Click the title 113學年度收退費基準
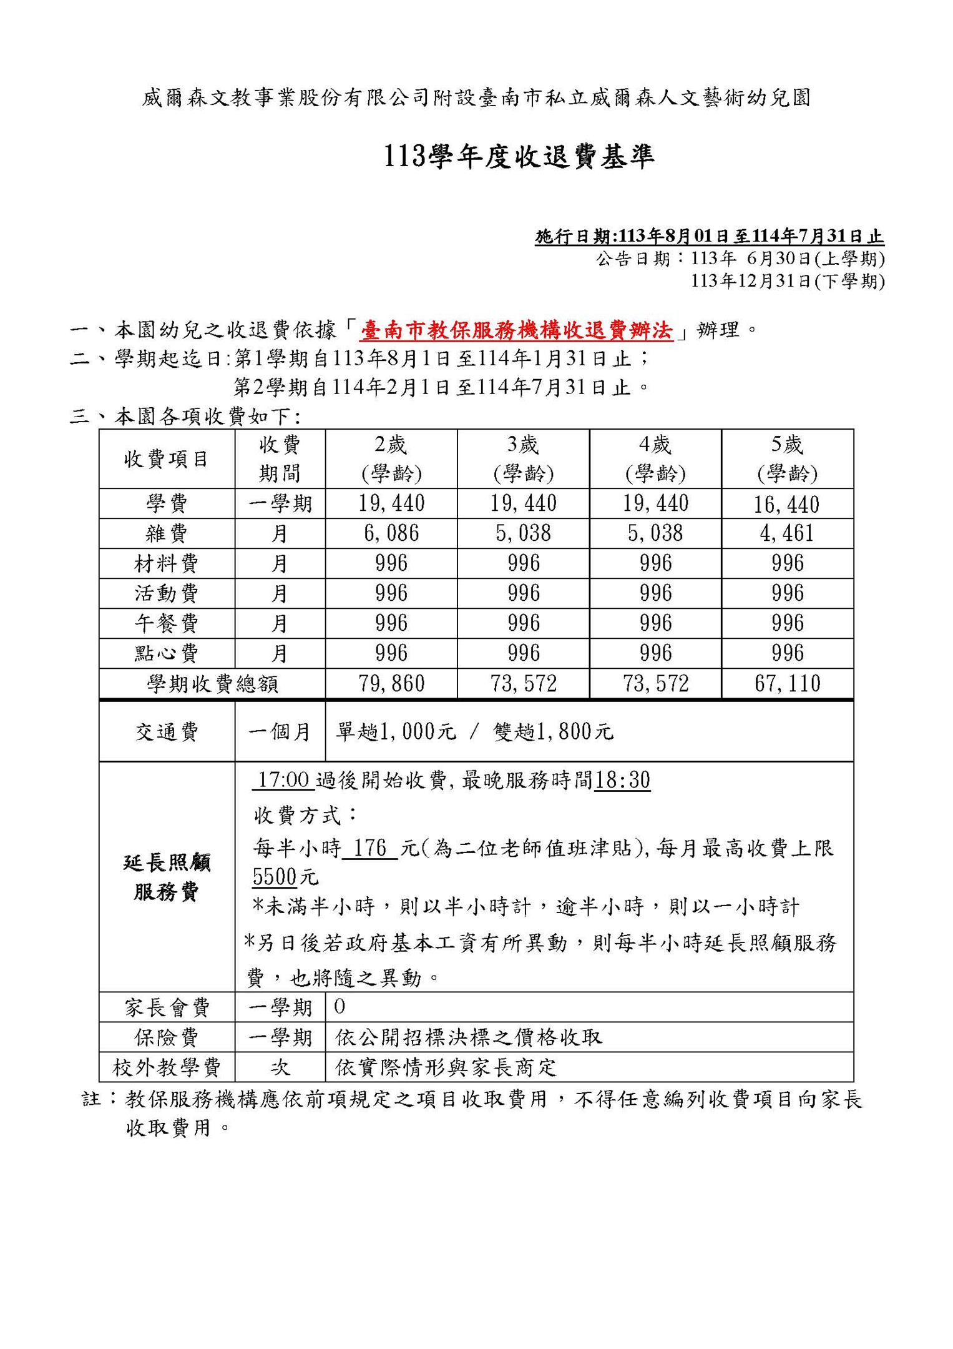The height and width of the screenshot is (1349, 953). click(x=517, y=157)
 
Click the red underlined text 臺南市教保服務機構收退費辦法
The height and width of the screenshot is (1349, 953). click(x=517, y=330)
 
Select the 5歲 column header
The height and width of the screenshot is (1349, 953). click(x=787, y=459)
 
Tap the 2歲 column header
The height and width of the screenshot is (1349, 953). click(x=391, y=459)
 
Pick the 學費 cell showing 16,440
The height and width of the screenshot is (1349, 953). click(x=786, y=504)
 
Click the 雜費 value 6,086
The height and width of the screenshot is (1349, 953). click(x=391, y=533)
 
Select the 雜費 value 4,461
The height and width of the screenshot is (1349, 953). click(x=786, y=533)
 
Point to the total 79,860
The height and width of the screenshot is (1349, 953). click(x=391, y=684)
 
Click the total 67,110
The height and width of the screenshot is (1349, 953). click(x=787, y=684)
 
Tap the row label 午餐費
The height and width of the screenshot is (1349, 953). click(x=167, y=623)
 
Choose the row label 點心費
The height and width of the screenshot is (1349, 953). click(x=167, y=653)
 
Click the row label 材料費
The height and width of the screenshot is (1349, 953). click(x=167, y=564)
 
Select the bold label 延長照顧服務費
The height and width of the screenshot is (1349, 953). click(x=167, y=877)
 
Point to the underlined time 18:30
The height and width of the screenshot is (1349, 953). click(x=622, y=781)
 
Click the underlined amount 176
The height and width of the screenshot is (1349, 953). click(x=370, y=849)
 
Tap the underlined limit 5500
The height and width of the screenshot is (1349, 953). click(x=275, y=877)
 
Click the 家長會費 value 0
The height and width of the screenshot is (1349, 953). click(x=340, y=1007)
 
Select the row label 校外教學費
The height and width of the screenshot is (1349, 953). click(x=167, y=1067)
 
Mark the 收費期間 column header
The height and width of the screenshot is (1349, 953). click(x=280, y=459)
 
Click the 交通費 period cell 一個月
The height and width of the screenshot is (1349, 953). click(x=280, y=731)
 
